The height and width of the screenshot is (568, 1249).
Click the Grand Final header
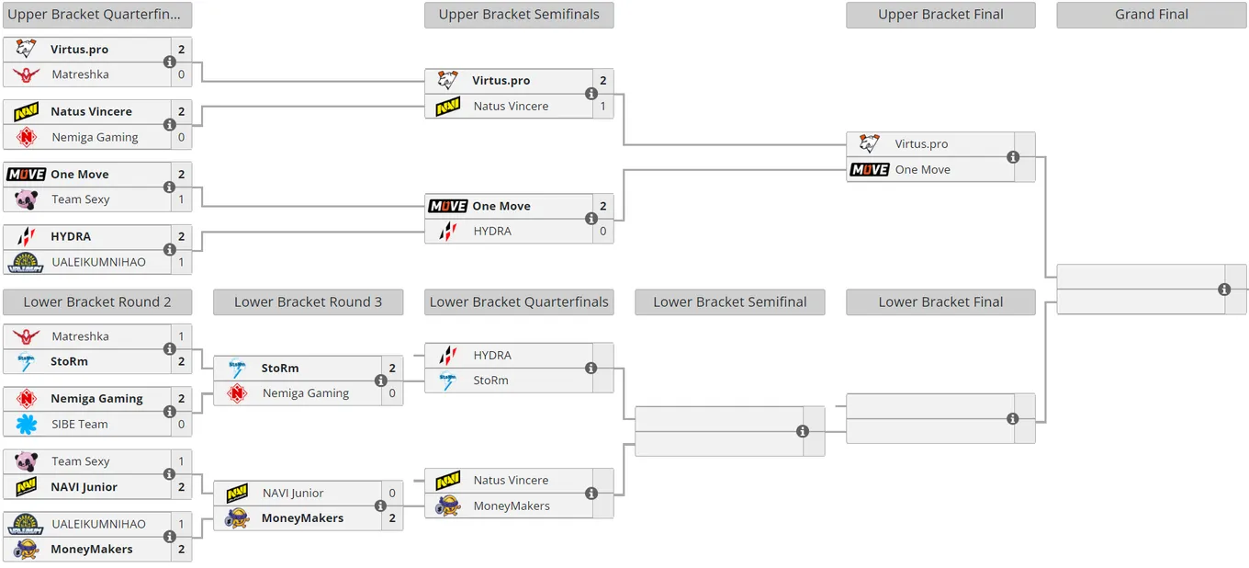click(1152, 15)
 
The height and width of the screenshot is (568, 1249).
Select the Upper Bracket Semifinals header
click(519, 15)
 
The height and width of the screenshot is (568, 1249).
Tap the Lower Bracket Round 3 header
click(308, 301)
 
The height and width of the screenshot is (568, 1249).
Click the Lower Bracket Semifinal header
click(730, 301)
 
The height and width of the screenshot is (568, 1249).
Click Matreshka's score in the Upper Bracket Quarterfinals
click(181, 74)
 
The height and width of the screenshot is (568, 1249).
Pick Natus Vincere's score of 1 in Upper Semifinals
click(602, 106)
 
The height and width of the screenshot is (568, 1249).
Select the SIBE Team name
click(80, 424)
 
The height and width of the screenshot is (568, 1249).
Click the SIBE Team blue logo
click(27, 424)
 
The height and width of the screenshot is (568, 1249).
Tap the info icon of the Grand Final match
click(1224, 289)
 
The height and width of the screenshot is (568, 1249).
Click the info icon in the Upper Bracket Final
click(1013, 157)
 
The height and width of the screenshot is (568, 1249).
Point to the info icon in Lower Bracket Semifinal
click(803, 431)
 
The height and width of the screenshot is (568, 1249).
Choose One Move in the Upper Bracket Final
click(922, 170)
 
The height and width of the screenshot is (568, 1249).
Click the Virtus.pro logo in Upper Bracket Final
click(870, 143)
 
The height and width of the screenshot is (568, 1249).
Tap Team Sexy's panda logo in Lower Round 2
click(27, 461)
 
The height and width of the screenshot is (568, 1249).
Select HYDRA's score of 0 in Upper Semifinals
click(602, 231)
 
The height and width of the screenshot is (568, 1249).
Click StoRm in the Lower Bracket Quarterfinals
click(490, 381)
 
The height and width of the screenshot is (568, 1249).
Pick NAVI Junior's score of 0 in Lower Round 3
click(392, 493)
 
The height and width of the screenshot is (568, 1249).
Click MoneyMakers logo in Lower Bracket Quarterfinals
click(448, 506)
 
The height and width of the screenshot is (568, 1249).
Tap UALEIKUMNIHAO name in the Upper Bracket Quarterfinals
click(98, 262)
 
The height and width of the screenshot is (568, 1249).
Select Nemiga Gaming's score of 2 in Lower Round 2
click(181, 398)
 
